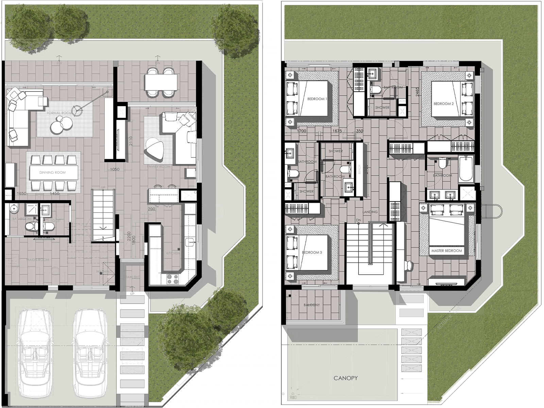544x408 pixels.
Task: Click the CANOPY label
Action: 345,378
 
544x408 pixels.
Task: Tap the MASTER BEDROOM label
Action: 446,251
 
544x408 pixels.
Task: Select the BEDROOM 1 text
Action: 317,99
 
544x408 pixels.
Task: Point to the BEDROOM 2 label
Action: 443,104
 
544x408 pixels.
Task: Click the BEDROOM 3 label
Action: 312,252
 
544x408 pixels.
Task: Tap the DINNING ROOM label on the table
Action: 52,172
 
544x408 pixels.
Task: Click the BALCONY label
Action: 311,305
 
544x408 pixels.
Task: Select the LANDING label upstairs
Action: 370,212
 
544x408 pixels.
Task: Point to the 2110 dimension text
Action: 131,141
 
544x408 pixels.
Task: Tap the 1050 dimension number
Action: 115,169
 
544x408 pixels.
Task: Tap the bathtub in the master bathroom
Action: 466,169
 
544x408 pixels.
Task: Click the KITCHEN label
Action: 173,253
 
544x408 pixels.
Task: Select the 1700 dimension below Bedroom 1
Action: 301,131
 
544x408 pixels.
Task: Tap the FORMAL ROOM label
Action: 60,113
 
